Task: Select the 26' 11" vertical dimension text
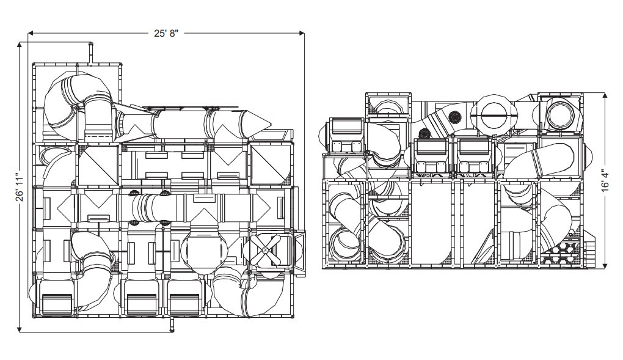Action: [20, 187]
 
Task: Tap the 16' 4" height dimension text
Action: [605, 180]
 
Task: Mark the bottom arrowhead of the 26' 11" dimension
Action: [20, 329]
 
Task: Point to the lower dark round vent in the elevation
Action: [423, 134]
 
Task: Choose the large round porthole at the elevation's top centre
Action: [495, 114]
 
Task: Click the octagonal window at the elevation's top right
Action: [559, 114]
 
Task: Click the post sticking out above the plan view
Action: [91, 52]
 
